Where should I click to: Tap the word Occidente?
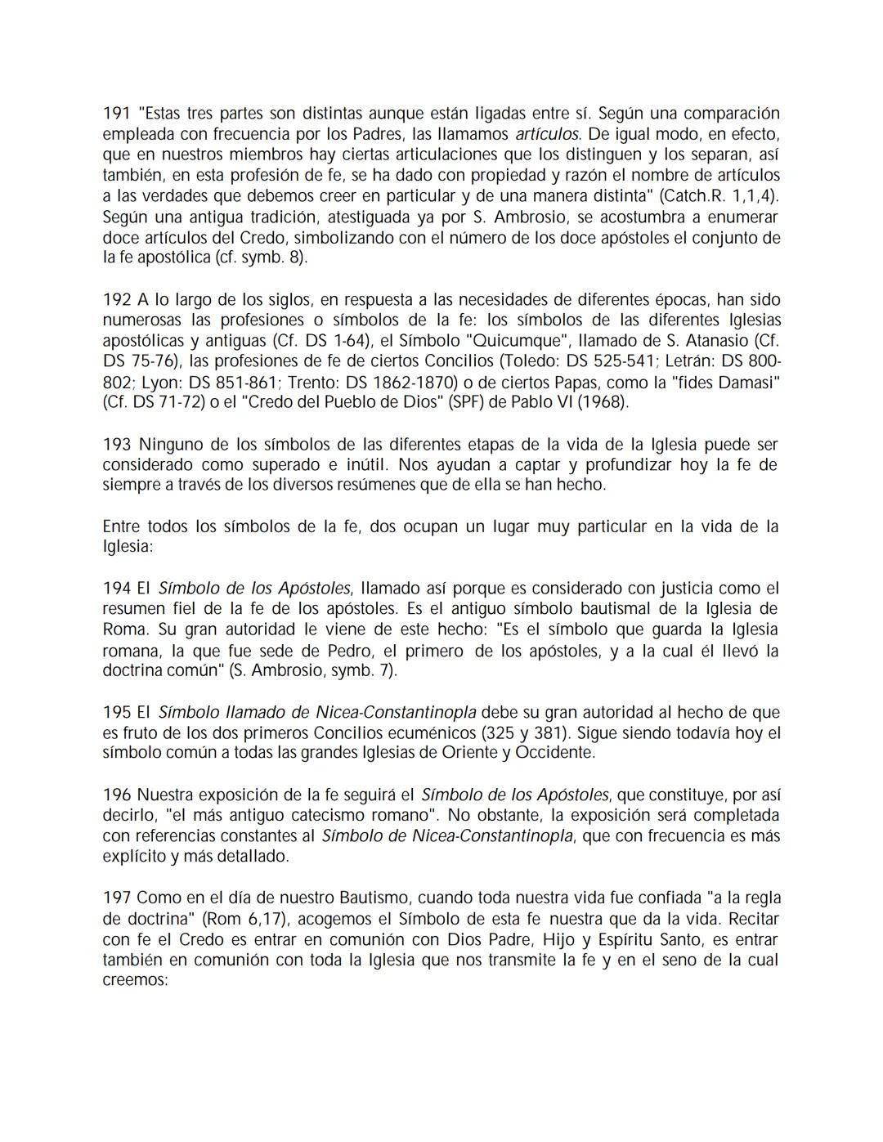[552, 753]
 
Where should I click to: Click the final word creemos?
[134, 980]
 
